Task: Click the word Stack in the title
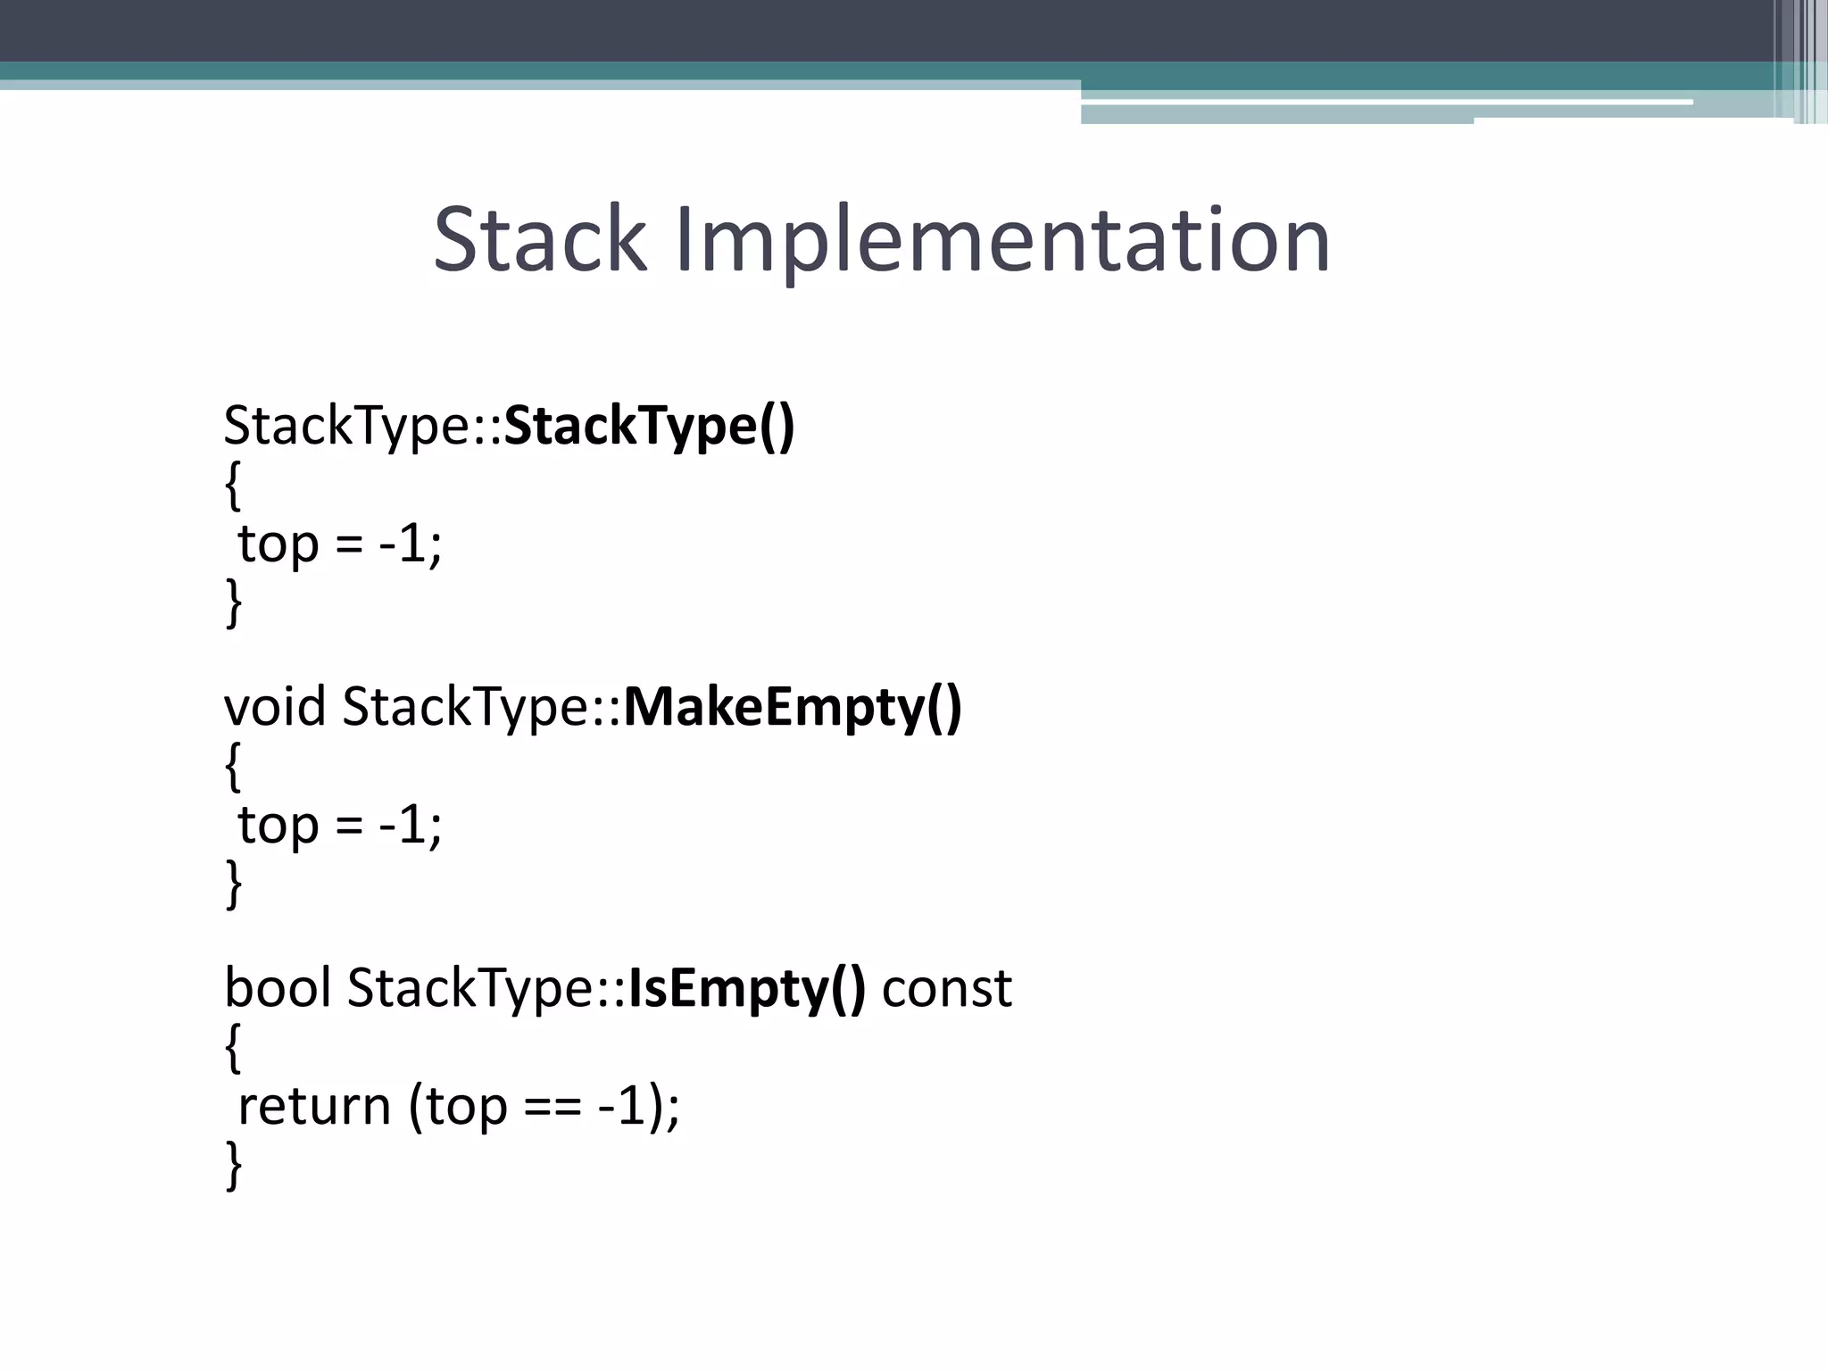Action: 539,239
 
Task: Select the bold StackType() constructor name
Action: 649,426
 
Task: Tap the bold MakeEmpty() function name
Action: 792,707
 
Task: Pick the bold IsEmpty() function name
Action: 746,988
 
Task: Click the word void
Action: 275,707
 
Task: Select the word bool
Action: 278,988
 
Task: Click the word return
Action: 314,1107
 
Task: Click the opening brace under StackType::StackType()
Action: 233,486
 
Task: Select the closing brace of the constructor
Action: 233,602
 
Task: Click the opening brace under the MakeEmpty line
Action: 233,767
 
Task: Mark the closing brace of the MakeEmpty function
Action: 233,884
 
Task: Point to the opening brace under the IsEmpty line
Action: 233,1048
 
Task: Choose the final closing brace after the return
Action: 233,1165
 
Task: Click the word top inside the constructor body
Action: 278,545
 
